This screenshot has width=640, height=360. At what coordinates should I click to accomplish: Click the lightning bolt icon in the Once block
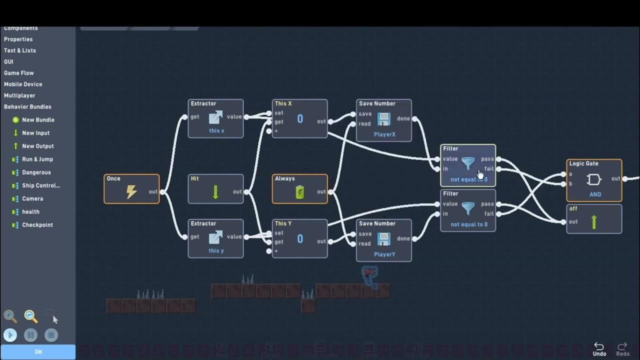coord(131,192)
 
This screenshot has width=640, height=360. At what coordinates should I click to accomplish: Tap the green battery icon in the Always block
coord(300,192)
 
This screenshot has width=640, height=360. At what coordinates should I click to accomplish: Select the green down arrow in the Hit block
coord(215,192)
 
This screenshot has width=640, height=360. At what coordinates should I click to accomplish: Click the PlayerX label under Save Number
coord(384,134)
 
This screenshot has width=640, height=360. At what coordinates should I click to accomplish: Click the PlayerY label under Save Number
coord(384,254)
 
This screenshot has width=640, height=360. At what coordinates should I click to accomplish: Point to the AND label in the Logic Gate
coord(595,194)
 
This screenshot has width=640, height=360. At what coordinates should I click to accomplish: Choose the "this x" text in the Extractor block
coord(216,131)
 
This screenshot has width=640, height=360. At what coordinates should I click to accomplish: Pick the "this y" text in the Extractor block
coord(216,251)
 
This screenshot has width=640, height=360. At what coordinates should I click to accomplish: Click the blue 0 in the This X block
coord(300,119)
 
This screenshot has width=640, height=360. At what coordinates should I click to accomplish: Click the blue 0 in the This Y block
coord(300,239)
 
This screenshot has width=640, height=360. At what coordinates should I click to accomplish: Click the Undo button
coord(599,349)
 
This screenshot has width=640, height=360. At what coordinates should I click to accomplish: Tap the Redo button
coord(622,349)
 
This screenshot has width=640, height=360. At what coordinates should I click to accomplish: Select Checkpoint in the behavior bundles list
coord(37,225)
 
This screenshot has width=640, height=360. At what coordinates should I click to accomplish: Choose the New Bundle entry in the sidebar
coord(38,120)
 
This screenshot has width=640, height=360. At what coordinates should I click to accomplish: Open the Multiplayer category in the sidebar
coord(20,95)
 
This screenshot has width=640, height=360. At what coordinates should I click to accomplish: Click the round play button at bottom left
coord(10,335)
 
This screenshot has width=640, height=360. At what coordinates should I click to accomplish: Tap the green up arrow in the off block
coord(594,222)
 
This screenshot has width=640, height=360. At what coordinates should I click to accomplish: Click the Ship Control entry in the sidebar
coord(40,185)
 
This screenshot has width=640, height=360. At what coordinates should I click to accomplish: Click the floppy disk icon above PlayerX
coord(384,119)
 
